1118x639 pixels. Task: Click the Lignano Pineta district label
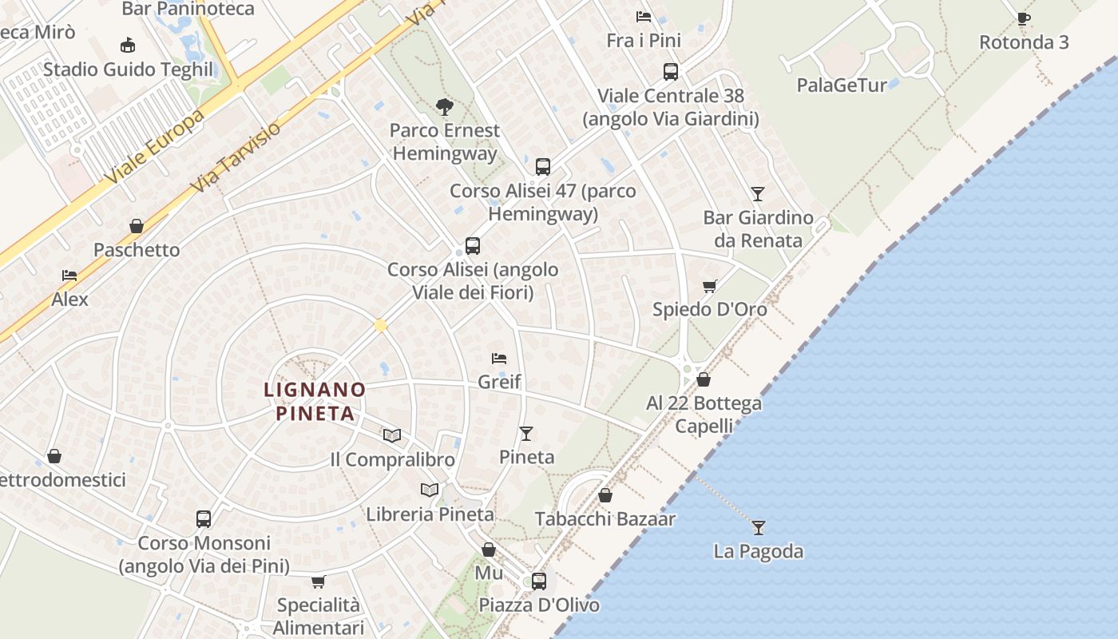pos(315,402)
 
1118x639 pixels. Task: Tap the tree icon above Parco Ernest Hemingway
pos(445,106)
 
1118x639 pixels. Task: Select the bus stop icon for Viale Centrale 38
pos(671,72)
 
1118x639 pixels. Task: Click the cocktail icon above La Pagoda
pos(758,528)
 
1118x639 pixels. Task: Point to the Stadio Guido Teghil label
pos(129,69)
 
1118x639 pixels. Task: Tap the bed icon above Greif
pos(499,359)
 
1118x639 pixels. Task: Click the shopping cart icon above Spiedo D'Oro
pos(709,286)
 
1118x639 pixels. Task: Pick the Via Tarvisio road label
pos(238,157)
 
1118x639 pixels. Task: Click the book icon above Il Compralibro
pos(391,435)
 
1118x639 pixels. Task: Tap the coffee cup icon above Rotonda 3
pos(1024,18)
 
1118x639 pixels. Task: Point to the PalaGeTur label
pos(842,85)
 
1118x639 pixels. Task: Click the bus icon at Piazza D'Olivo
pos(539,581)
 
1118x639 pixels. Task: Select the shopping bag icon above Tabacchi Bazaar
pos(605,495)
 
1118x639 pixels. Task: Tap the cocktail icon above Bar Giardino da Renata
pos(757,193)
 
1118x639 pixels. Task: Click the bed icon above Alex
pos(69,276)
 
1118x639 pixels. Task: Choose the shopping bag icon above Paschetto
pos(137,226)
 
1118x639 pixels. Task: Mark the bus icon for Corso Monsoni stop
pos(204,519)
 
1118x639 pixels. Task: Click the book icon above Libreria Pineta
pos(430,490)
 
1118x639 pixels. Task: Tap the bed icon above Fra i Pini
pos(644,17)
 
